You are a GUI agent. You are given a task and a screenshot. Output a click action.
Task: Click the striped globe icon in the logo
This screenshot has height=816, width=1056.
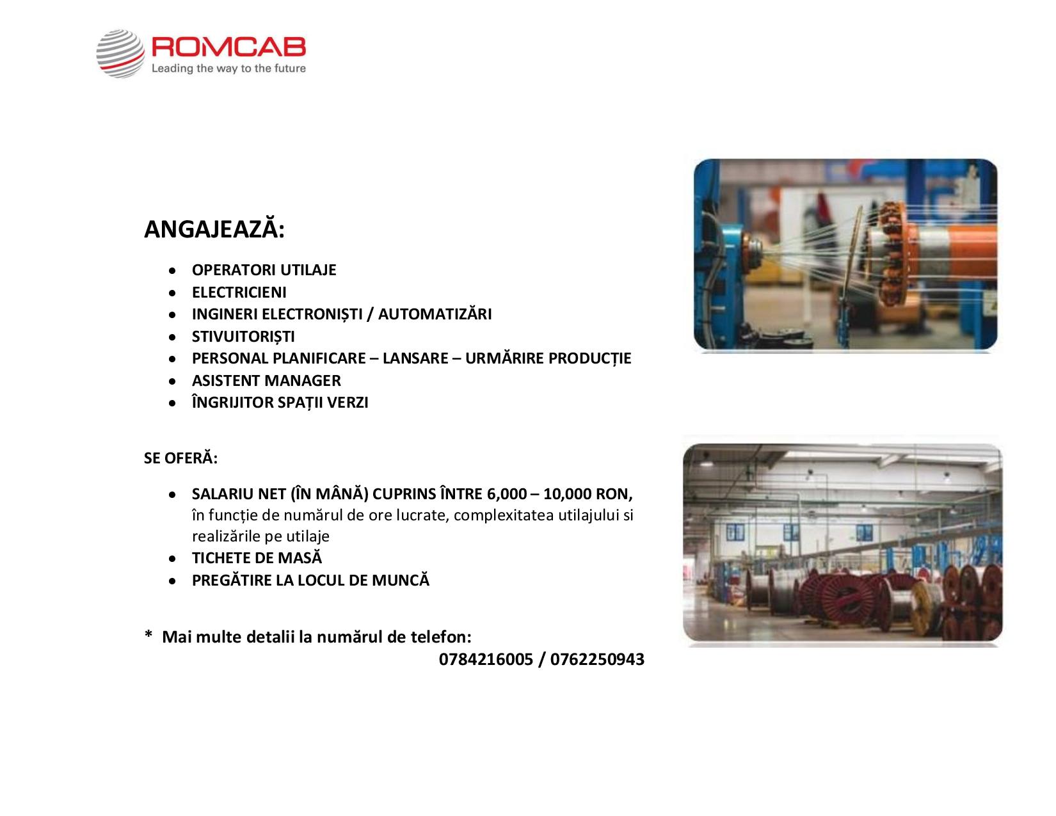tap(120, 54)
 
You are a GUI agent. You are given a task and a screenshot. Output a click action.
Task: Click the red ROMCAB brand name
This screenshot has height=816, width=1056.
tap(229, 47)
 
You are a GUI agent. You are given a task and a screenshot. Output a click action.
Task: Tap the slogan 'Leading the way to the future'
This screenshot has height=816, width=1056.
tap(229, 68)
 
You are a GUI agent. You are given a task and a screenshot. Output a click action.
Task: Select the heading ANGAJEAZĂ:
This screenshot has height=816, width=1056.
tap(214, 228)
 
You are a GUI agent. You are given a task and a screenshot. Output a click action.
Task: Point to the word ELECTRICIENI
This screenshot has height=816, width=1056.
tap(239, 292)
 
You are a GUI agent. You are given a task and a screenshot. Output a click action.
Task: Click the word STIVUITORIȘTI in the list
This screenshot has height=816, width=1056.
tap(243, 336)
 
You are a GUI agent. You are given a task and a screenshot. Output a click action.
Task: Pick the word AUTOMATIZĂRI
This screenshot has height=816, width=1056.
tap(435, 314)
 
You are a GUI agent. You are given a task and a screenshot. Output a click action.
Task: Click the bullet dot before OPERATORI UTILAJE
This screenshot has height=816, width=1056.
tap(172, 271)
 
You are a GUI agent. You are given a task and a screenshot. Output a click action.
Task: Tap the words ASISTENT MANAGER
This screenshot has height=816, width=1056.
tap(266, 380)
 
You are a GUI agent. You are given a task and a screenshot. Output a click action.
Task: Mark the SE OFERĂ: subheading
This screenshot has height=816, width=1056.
tap(180, 458)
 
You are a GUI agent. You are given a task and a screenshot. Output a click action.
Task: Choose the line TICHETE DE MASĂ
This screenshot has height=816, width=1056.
tap(257, 557)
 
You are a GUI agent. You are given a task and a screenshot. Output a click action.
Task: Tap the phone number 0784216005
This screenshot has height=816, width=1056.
tap(486, 659)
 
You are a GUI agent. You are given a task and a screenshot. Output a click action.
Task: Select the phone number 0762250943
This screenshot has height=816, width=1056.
tap(597, 659)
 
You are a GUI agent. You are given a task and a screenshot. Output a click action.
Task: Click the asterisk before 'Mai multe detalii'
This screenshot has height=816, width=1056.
tap(148, 634)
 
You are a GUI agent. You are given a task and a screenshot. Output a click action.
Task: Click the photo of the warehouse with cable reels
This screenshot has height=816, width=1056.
tap(842, 543)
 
